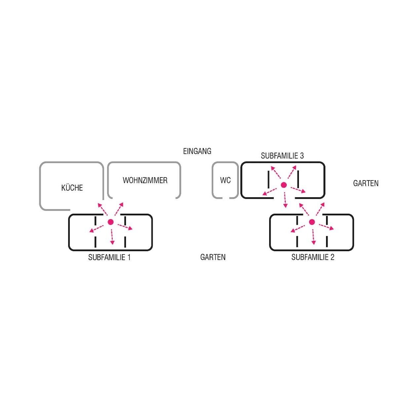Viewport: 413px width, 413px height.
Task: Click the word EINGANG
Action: pyautogui.click(x=197, y=151)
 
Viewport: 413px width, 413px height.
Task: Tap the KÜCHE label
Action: pyautogui.click(x=72, y=188)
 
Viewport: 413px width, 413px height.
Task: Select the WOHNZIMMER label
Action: pyautogui.click(x=145, y=180)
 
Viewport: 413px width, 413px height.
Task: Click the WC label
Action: pyautogui.click(x=225, y=181)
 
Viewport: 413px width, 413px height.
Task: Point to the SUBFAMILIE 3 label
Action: pyautogui.click(x=282, y=155)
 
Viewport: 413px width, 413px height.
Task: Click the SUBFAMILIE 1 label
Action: pyautogui.click(x=109, y=257)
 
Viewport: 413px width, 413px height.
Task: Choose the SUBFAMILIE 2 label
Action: pyautogui.click(x=312, y=257)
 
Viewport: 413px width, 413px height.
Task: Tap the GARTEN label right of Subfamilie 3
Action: pyautogui.click(x=365, y=183)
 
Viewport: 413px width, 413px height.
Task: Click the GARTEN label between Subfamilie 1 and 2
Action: pyautogui.click(x=213, y=257)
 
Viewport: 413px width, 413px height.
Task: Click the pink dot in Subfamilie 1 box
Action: pyautogui.click(x=111, y=222)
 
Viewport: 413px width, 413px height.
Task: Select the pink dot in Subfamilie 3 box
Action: pyautogui.click(x=284, y=185)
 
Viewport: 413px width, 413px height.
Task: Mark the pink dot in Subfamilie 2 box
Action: pyautogui.click(x=312, y=222)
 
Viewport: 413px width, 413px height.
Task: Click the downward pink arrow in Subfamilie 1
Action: pyautogui.click(x=112, y=236)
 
